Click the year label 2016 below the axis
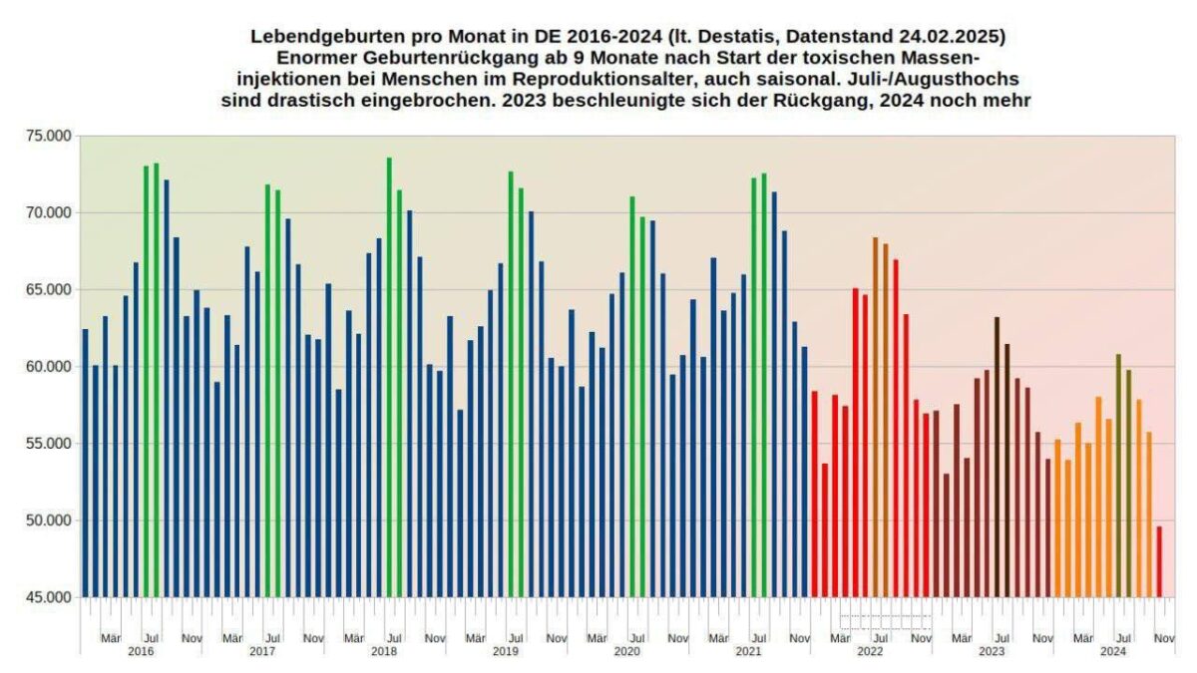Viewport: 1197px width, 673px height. tap(141, 651)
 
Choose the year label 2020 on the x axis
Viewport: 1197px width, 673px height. tap(626, 651)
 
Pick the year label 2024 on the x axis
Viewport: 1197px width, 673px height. tap(1113, 651)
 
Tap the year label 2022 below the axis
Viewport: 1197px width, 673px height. tap(870, 651)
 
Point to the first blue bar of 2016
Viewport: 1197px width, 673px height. tap(85, 463)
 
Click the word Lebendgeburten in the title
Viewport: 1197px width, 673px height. tap(311, 36)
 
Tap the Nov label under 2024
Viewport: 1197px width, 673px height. tap(1164, 637)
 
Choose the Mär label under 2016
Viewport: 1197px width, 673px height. tap(111, 637)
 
